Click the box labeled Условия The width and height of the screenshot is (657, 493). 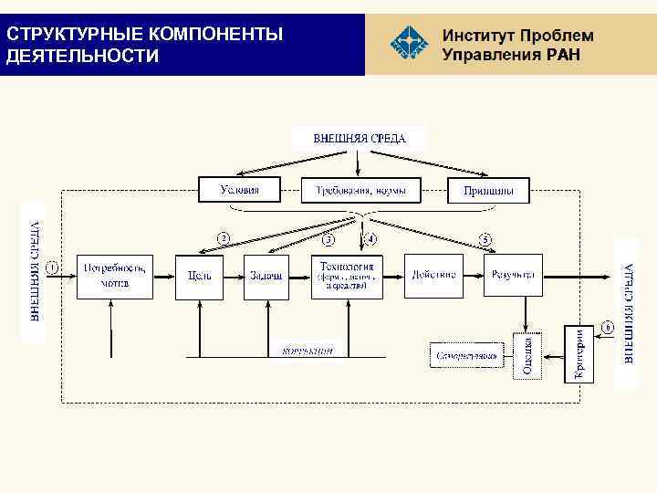[x=240, y=190]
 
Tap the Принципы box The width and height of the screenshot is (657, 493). [x=488, y=191]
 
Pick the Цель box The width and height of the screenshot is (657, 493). [x=199, y=276]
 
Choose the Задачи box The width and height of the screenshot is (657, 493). [x=266, y=276]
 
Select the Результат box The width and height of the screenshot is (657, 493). [x=513, y=275]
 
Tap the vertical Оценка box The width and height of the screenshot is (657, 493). [x=527, y=355]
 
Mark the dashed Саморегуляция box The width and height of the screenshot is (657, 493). [x=466, y=354]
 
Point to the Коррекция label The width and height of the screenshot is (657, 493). [x=308, y=350]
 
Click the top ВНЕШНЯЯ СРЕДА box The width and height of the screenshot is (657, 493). [x=359, y=139]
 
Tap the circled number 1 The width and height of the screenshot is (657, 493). [x=52, y=267]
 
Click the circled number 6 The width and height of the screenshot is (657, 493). [x=607, y=326]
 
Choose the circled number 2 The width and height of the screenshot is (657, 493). [x=223, y=238]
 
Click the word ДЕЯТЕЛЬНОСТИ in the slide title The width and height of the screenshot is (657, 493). [x=82, y=57]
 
